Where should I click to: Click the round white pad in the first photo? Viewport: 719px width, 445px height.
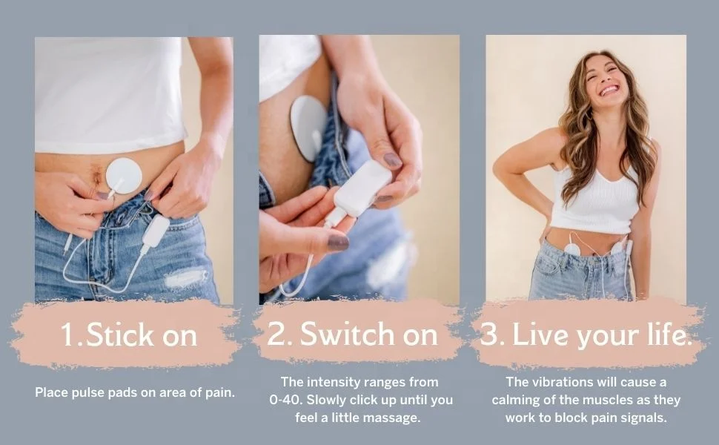(124, 176)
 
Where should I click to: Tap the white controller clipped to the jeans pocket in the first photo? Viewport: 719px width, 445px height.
(156, 231)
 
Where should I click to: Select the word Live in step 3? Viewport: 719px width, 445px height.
(536, 335)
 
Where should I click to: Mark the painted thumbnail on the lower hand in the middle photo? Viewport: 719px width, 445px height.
(337, 242)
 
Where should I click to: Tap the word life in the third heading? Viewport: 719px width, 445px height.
(665, 335)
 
